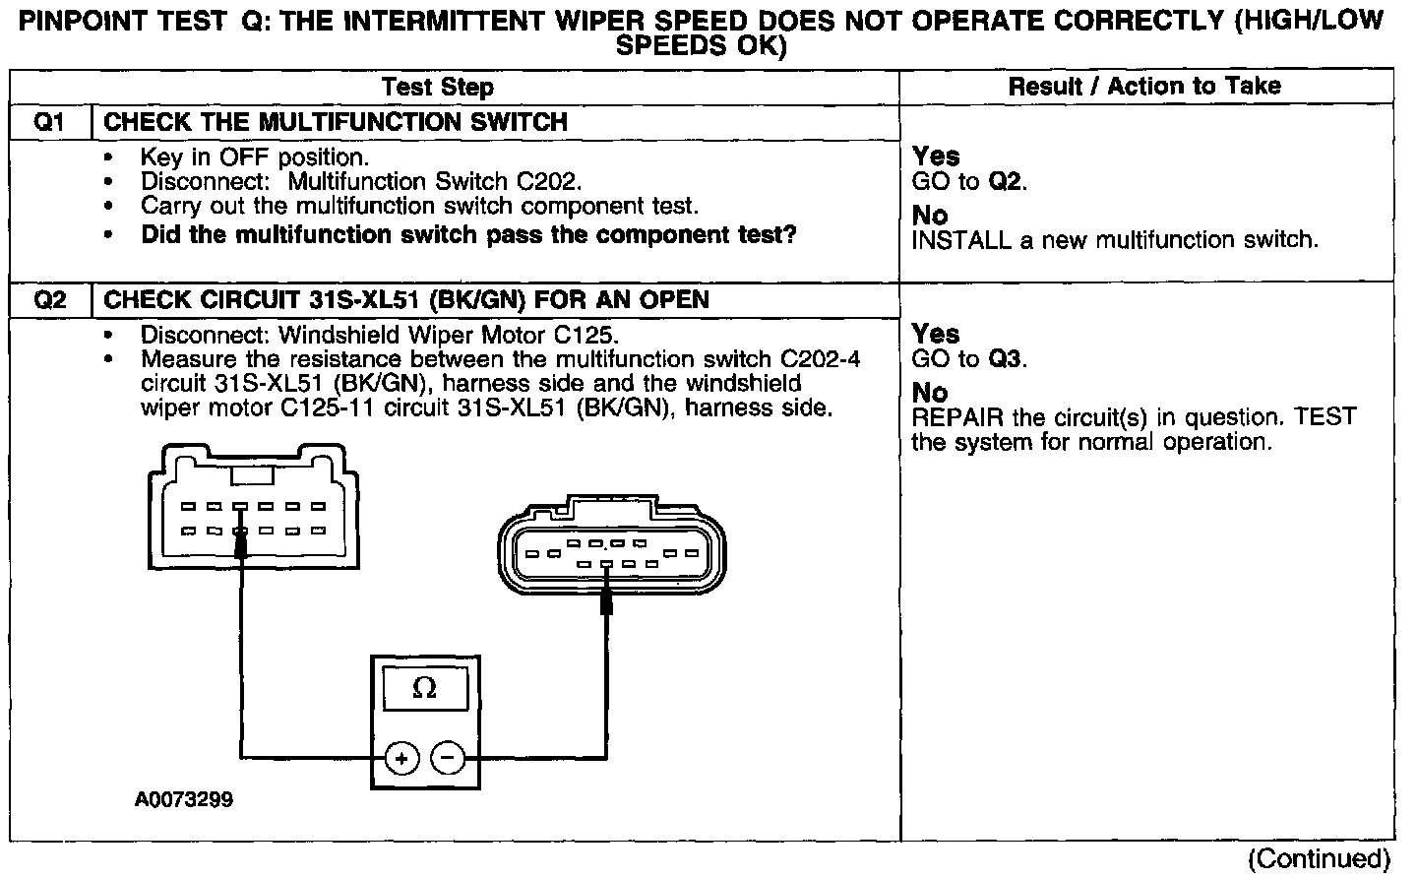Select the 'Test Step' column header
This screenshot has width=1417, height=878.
point(438,87)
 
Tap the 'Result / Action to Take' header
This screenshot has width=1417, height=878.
point(1144,87)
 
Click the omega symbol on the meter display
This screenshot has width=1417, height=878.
point(425,689)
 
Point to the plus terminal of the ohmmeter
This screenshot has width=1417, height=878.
point(401,758)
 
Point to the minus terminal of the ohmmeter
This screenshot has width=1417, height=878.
point(449,758)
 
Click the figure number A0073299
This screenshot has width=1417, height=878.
point(184,800)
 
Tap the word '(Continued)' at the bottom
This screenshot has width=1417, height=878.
point(1319,859)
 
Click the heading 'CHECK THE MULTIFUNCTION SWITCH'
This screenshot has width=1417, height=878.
point(336,122)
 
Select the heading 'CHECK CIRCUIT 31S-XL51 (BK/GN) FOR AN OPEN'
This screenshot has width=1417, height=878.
point(406,299)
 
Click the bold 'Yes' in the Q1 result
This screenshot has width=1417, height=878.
point(936,157)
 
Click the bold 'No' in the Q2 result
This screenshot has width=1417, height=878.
point(930,393)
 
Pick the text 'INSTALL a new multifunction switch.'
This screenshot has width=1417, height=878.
point(1115,240)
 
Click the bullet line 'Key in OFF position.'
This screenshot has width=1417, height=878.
point(255,157)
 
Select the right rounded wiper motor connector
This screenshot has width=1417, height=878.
point(601,553)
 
